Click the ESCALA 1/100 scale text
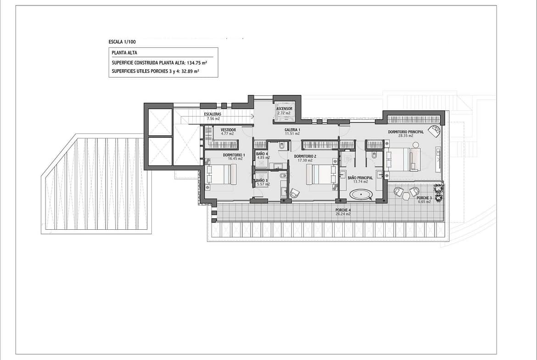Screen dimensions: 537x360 pos(122,42)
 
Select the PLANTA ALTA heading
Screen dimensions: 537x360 pos(124,53)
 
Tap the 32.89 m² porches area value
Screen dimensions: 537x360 pos(190,72)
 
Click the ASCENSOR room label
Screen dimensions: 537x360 pos(284,109)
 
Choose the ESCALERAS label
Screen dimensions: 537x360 pos(213,114)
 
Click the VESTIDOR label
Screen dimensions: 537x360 pos(228,130)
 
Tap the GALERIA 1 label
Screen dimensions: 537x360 pos(292,130)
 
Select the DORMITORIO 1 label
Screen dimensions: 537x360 pos(234,155)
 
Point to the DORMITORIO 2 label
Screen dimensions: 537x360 pos(305,156)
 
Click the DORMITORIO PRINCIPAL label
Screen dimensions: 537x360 pos(406,132)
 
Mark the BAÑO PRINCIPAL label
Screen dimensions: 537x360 pos(360,178)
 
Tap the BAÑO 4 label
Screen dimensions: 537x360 pos(262,154)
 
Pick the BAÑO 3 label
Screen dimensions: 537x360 pos(262,180)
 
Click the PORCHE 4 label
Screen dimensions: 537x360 pos(343,210)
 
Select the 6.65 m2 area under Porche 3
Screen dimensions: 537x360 pos(425,202)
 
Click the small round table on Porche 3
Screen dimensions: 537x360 pos(406,196)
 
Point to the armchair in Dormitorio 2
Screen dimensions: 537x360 pos(295,194)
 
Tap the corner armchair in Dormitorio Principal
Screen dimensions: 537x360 pos(436,130)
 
